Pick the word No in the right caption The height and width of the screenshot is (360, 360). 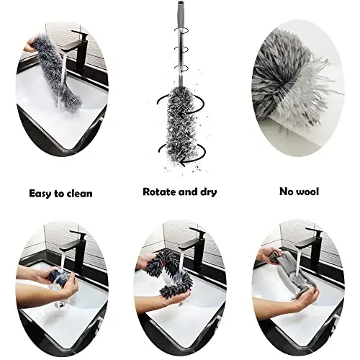tap(285, 192)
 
